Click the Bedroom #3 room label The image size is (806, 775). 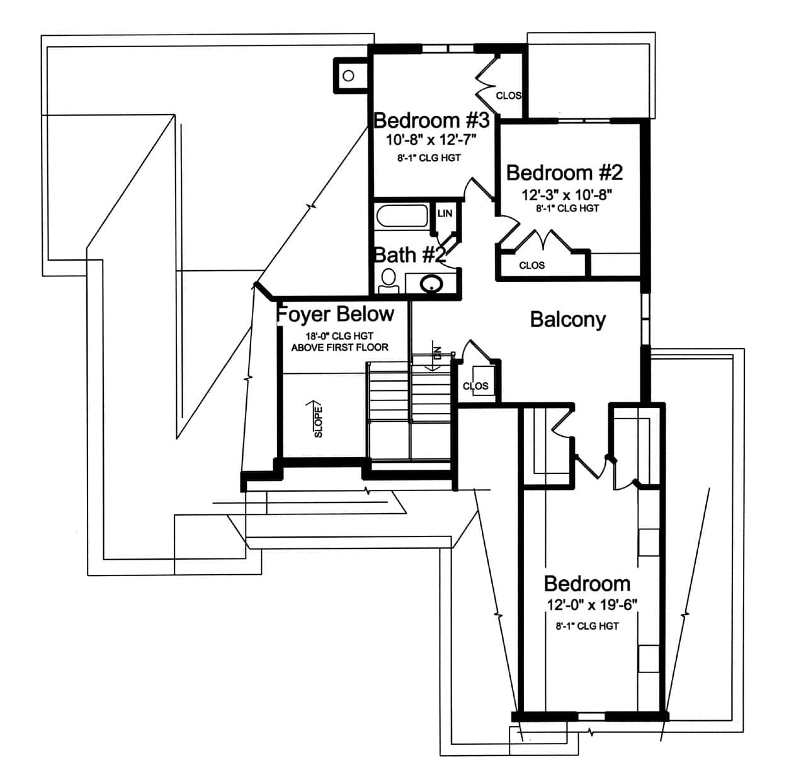(431, 120)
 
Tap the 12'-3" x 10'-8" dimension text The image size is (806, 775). (567, 195)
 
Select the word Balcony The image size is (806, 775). (567, 319)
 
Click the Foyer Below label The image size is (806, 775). (336, 314)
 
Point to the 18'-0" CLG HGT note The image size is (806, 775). (339, 336)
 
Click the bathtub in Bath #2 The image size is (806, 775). (402, 218)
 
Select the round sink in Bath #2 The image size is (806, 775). (431, 284)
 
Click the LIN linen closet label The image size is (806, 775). (445, 213)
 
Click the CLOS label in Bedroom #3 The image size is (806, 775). (508, 96)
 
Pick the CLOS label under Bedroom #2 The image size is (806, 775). (531, 265)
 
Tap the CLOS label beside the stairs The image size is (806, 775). (475, 386)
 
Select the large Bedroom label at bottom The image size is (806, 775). (587, 583)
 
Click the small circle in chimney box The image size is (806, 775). (348, 76)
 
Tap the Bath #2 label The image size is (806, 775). (410, 255)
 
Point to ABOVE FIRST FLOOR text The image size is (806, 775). (339, 347)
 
